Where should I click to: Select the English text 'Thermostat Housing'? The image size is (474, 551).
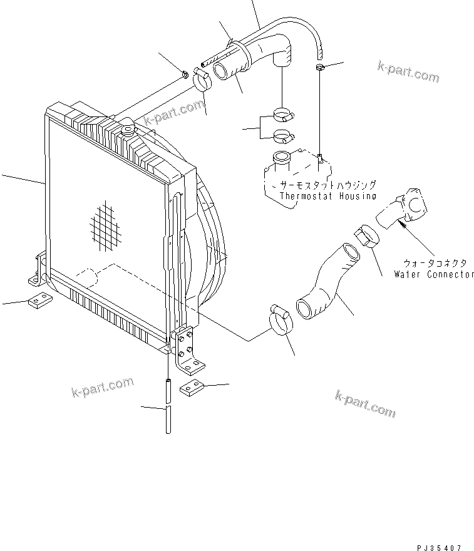tap(327, 195)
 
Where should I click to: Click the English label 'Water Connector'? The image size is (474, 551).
tap(434, 274)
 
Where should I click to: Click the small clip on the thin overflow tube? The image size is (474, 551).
tap(319, 65)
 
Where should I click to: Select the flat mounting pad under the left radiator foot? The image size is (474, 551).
tap(38, 302)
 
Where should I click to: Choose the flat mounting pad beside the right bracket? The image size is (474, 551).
tap(192, 390)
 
